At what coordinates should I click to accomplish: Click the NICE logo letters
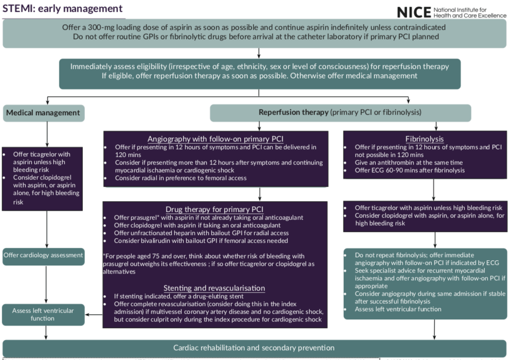(415, 12)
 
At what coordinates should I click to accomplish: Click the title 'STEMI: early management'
(62, 9)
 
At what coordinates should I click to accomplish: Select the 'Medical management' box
(43, 113)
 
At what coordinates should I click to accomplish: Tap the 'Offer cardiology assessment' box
(43, 256)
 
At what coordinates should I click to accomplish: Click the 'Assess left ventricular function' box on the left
(43, 314)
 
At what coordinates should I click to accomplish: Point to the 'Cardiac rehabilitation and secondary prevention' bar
(254, 348)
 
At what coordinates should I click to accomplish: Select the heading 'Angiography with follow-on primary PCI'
(215, 139)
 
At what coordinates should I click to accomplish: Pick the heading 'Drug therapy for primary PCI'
(215, 209)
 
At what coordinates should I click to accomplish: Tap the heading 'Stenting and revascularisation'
(214, 288)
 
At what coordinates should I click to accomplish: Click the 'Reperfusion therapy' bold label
(293, 112)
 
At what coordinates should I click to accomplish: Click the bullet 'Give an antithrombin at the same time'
(407, 163)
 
